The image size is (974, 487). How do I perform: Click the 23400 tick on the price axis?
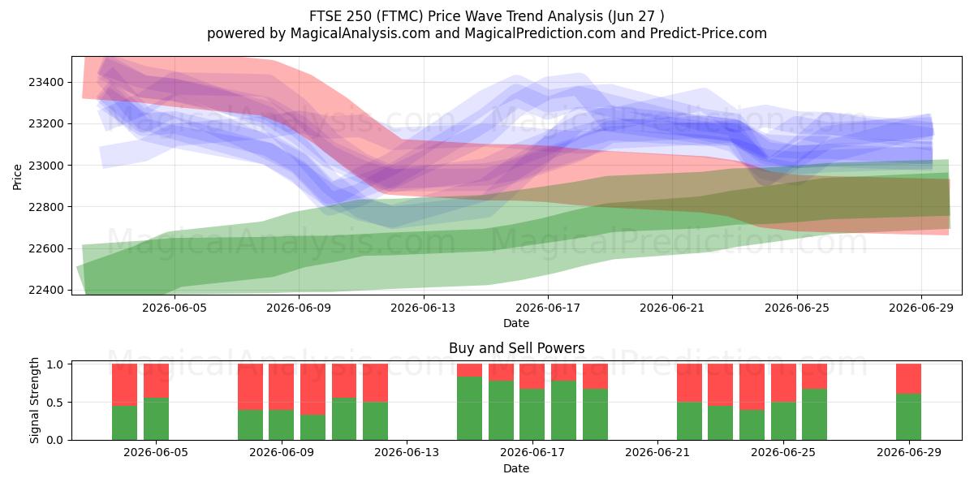point(45,82)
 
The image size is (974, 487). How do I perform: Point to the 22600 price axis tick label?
point(45,248)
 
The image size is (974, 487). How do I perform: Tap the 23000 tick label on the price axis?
point(45,166)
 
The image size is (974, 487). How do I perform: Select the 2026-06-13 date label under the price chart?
point(423,308)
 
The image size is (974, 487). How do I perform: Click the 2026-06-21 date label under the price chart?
point(672,308)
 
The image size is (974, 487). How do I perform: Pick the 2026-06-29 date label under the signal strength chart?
point(909,453)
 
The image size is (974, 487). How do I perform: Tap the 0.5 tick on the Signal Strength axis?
point(55,403)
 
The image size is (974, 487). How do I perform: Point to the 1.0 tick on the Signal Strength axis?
point(55,364)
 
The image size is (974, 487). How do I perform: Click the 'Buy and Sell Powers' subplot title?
point(516,348)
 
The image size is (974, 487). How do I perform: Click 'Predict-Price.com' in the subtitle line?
point(709,33)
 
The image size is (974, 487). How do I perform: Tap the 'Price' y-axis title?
point(17,177)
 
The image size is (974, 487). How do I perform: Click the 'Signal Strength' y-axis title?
point(34,400)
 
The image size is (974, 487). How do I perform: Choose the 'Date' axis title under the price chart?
point(516,323)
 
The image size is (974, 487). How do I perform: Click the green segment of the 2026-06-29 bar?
point(909,417)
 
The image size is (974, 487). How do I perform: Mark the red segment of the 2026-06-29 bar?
point(909,379)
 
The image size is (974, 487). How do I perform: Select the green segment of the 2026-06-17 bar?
point(532,415)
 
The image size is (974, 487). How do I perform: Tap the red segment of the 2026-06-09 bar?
point(282,387)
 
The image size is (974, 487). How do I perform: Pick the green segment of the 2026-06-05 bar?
point(156,419)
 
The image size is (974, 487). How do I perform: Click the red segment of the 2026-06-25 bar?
point(783,383)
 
